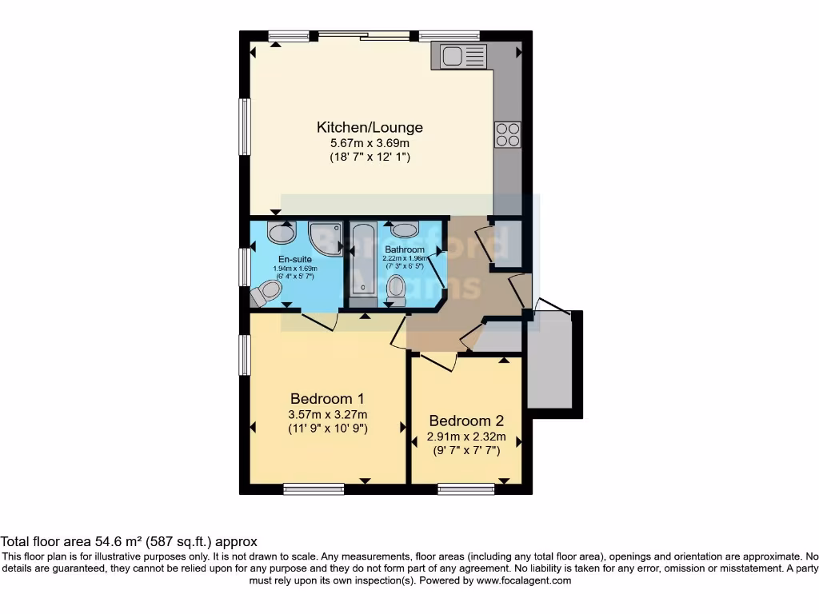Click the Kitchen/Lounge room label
[370, 127]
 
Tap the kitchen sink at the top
[458, 56]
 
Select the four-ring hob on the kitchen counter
[508, 134]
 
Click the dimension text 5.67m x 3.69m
[370, 143]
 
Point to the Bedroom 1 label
[327, 398]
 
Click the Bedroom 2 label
[466, 421]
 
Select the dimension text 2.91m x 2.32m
[466, 437]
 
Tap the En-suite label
[295, 259]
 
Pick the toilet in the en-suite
[266, 293]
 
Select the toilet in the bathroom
[396, 289]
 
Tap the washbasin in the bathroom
[406, 230]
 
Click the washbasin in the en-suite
[281, 233]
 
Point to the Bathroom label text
[404, 249]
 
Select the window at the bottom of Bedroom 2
[466, 488]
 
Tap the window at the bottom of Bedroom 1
[314, 488]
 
